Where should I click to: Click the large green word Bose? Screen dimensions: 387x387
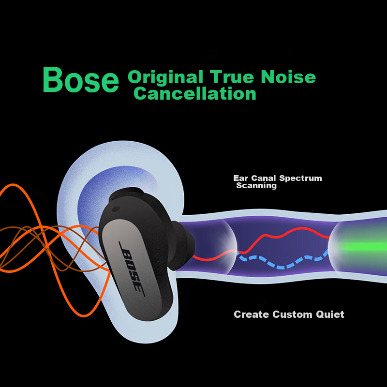pos(81,80)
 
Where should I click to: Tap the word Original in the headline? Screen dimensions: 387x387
pos(165,77)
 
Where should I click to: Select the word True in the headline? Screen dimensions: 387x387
pos(232,77)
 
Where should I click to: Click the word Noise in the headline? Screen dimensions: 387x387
pos(288,77)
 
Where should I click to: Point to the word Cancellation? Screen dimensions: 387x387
pos(195,93)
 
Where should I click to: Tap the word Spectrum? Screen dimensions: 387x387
pos(300,179)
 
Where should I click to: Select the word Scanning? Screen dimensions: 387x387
pos(256,186)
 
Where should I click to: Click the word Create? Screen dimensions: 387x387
pos(251,314)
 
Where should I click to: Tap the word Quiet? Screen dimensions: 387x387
pos(330,314)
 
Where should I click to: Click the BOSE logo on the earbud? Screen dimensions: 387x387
pos(132,269)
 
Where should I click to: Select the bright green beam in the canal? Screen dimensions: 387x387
pos(363,247)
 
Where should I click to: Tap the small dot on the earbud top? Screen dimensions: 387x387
pos(116,209)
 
